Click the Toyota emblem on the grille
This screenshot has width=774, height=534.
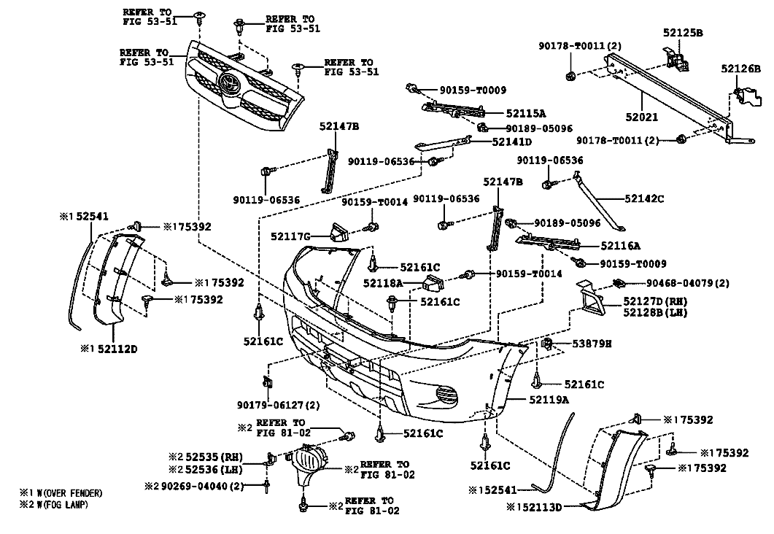pos(229,82)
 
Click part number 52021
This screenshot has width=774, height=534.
pos(642,117)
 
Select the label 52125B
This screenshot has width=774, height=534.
pos(683,33)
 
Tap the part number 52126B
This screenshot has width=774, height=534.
pos(740,69)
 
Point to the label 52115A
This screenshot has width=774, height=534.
pos(526,114)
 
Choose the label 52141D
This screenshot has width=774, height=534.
pos(512,142)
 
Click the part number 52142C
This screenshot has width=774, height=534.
pos(644,199)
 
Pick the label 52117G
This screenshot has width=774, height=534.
pos(290,237)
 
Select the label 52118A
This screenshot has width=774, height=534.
pos(383,283)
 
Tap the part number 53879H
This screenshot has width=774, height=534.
pos(592,344)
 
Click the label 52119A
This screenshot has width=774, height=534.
pos(549,400)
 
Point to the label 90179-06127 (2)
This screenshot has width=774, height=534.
pos(279,405)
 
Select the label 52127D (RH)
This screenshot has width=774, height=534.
pos(656,301)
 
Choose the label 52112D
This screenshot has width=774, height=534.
pos(117,349)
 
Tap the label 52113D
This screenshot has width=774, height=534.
pos(542,507)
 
